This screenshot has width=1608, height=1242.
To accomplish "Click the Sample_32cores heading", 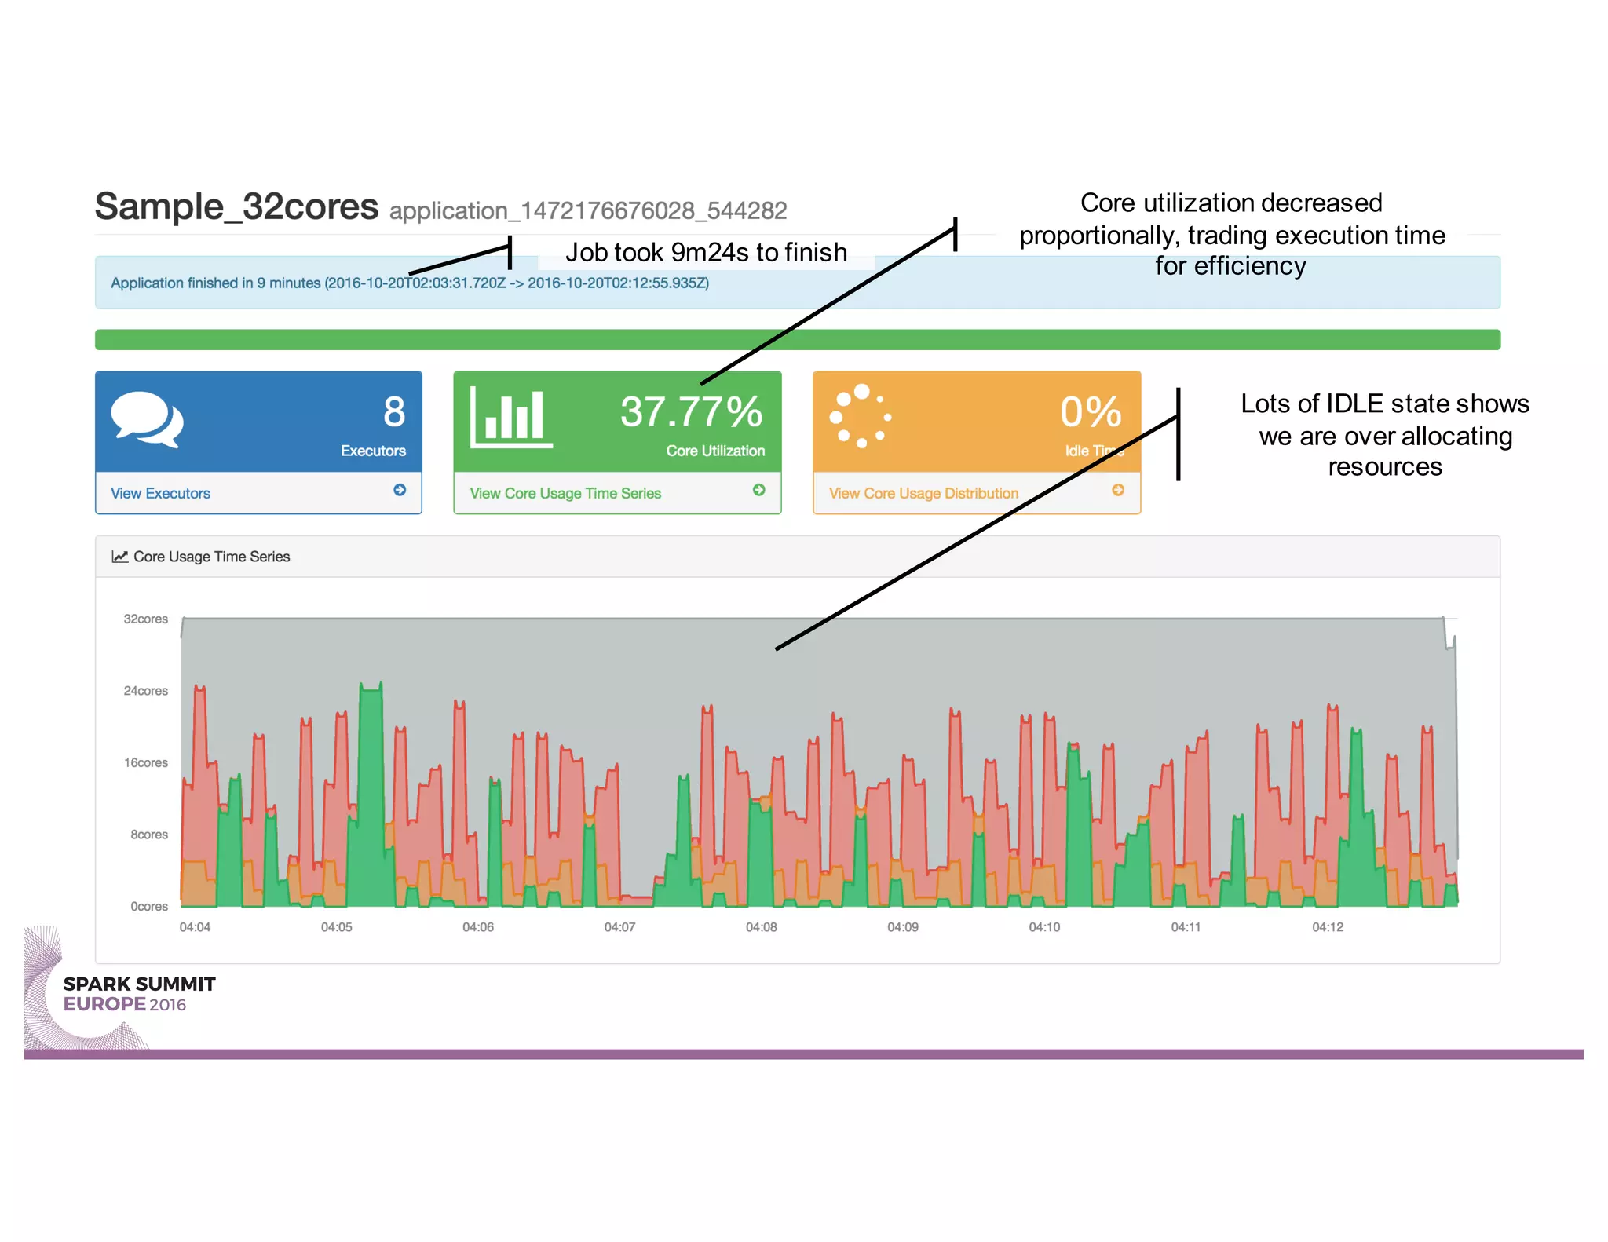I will tap(236, 207).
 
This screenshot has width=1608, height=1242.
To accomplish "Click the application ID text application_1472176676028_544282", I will tap(587, 210).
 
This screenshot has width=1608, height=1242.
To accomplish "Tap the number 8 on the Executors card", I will tap(394, 411).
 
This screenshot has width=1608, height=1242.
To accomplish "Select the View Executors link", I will tap(160, 493).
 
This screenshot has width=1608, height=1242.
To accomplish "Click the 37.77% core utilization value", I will tap(691, 411).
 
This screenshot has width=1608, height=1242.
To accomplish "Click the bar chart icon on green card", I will tap(511, 418).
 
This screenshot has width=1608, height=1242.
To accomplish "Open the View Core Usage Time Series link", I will tap(565, 493).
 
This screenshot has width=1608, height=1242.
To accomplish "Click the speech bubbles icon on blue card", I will tap(147, 419).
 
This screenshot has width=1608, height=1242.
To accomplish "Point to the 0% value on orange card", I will tap(1091, 411).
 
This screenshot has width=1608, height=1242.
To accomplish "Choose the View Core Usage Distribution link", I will tap(923, 493).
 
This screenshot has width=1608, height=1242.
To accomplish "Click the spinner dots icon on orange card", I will tap(861, 416).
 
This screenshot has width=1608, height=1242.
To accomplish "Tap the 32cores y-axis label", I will tap(145, 619).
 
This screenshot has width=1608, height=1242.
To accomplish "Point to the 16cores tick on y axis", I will tap(145, 762).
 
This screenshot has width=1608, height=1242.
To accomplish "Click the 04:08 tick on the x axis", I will tap(761, 927).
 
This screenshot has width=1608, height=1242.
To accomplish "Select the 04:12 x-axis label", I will tap(1328, 927).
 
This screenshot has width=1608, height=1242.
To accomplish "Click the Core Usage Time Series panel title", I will tap(211, 557).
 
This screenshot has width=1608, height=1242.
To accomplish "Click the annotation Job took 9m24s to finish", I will tap(706, 252).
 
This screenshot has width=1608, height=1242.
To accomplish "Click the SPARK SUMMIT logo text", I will tap(139, 984).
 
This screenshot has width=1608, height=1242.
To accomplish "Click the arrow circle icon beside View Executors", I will tap(400, 490).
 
